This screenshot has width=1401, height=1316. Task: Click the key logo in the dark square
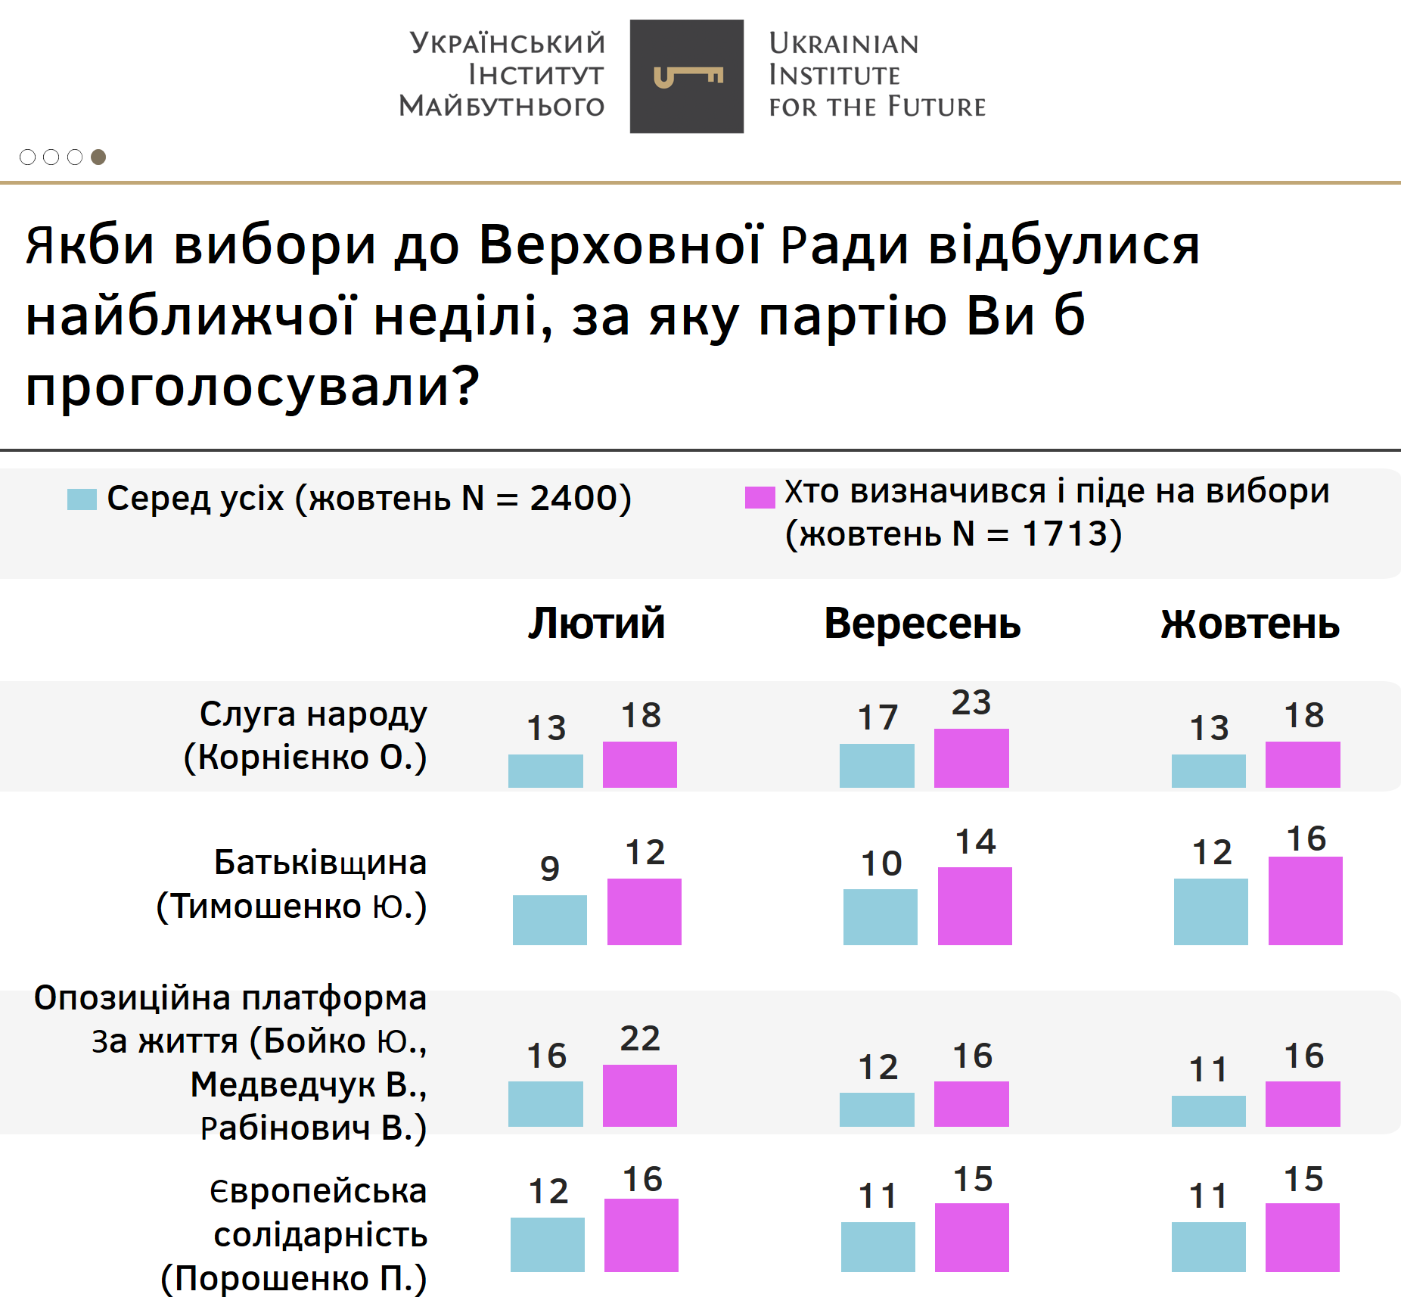[x=688, y=76]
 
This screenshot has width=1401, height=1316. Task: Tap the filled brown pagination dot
[x=98, y=157]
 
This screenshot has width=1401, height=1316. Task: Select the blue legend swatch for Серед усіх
[x=82, y=499]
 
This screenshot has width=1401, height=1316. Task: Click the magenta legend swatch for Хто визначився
[x=760, y=497]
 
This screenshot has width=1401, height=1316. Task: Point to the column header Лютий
[x=596, y=624]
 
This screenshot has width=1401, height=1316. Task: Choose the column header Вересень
[x=922, y=624]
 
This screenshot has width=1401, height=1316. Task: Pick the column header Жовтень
[x=1250, y=624]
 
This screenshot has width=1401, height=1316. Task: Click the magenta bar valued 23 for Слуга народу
[x=971, y=758]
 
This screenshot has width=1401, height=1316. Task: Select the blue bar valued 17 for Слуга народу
[x=877, y=766]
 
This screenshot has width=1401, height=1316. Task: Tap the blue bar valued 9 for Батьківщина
[x=550, y=920]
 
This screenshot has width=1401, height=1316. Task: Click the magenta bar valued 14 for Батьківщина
[x=975, y=907]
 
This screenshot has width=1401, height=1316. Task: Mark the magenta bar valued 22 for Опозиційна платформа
[x=640, y=1096]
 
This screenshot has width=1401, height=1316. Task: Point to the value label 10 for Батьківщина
[x=881, y=863]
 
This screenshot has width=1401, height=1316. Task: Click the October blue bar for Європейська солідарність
[x=1208, y=1246]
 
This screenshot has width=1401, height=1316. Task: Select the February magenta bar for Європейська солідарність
[x=641, y=1235]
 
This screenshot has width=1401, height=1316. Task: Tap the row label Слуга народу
[x=313, y=714]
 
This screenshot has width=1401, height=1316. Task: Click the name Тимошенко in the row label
[x=267, y=906]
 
